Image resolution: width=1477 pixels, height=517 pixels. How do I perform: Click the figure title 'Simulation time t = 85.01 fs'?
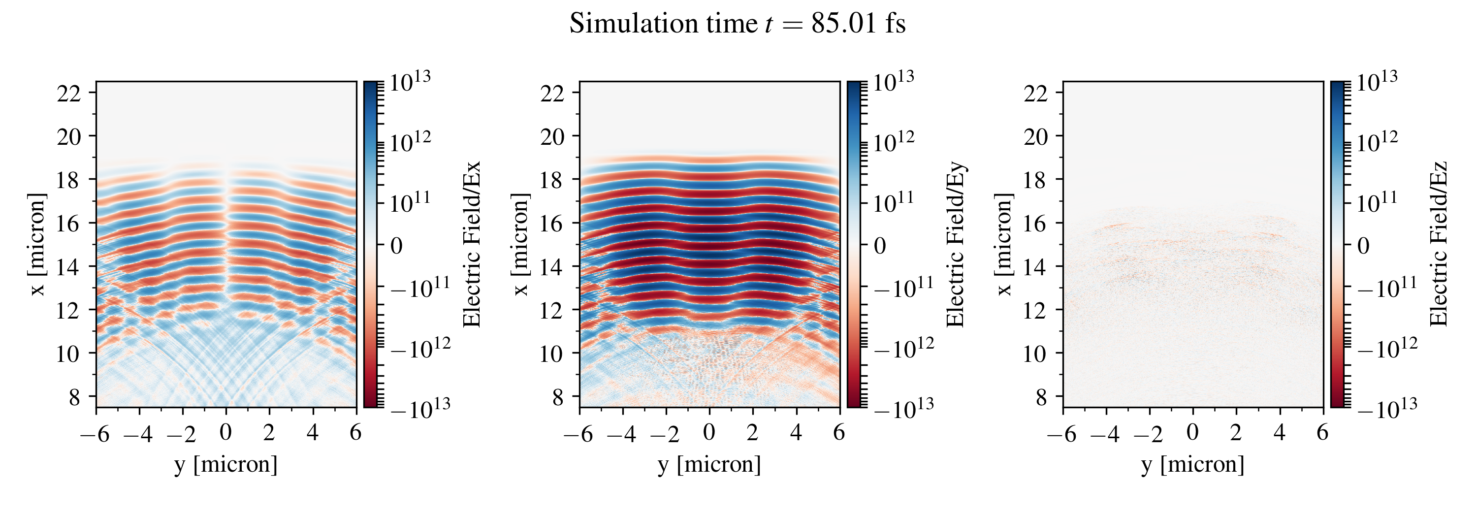click(738, 24)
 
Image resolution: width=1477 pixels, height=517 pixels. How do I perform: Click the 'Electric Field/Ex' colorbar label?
click(471, 244)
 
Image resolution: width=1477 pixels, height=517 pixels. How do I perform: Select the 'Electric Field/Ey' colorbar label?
click(955, 244)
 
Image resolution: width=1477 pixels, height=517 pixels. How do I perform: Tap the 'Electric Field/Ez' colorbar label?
click(1439, 244)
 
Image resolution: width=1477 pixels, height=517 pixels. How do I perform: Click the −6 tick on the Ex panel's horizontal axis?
click(95, 433)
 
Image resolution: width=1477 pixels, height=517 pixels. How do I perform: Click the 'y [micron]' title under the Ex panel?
click(226, 464)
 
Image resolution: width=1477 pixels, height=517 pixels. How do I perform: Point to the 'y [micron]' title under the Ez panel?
click(1192, 464)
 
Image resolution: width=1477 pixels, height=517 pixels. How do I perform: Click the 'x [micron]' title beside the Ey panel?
click(520, 244)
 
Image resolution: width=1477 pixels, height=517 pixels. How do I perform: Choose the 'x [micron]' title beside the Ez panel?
click(1004, 244)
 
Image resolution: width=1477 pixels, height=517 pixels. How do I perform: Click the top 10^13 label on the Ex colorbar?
click(410, 81)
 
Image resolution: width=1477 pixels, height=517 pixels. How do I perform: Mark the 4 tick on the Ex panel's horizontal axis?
click(313, 432)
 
